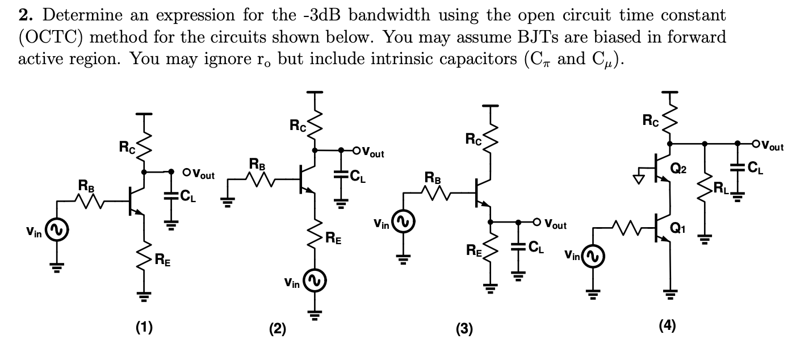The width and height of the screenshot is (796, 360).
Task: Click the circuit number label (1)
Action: click(143, 327)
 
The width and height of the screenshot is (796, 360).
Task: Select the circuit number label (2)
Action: click(277, 329)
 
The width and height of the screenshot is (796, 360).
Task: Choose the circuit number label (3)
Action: click(464, 329)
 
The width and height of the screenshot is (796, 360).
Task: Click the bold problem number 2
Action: click(25, 15)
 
